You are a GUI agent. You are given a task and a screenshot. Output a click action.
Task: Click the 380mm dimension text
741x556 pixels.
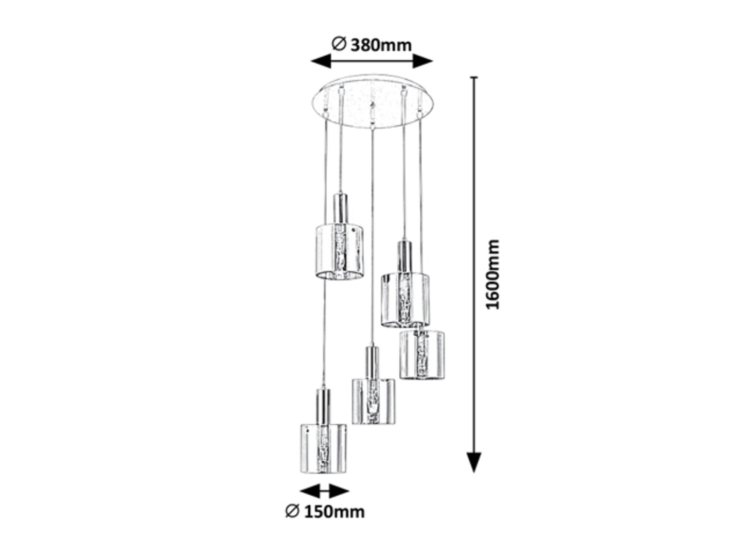coord(381,45)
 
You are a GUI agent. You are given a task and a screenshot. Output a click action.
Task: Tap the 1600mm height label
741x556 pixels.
coord(492,274)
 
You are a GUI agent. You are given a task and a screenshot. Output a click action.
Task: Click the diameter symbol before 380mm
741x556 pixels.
coord(339,44)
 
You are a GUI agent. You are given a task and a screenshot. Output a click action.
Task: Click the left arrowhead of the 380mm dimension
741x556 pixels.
coord(321,61)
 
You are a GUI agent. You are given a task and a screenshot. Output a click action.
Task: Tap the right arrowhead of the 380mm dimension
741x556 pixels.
coord(422,61)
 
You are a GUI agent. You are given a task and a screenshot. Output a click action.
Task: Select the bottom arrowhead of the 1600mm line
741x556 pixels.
coord(474,462)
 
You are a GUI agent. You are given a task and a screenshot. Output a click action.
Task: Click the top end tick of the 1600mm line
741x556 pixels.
coord(474,78)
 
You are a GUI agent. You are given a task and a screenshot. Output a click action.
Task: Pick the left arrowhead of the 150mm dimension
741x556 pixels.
coord(310,491)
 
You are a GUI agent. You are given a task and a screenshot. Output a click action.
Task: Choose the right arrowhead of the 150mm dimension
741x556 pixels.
coord(339,491)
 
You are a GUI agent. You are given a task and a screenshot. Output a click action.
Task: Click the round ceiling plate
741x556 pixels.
coord(373,101)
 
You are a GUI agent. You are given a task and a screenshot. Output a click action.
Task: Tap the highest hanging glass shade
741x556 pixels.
coord(340,252)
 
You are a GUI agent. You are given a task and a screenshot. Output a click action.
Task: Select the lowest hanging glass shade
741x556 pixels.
coord(323,448)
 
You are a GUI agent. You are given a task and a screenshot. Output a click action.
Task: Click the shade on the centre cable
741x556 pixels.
coord(374,401)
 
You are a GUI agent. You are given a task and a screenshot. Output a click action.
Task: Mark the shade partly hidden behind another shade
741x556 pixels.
coord(422,355)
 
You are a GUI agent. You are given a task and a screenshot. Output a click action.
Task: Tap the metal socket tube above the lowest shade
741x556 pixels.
coord(323,406)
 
